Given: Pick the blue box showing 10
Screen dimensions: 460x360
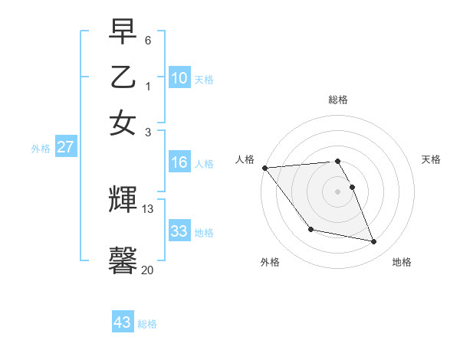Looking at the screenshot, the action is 179,78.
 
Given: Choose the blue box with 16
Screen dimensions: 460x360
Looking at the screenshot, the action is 179,162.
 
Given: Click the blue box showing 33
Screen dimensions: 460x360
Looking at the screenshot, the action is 179,231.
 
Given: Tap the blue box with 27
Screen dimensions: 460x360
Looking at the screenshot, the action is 65,148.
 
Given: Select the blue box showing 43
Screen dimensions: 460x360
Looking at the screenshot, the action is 122,322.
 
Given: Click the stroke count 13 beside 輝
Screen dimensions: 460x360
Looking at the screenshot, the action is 148,208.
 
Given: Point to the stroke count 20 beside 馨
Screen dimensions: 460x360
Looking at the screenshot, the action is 148,270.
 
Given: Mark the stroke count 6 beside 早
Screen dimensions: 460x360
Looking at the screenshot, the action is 148,39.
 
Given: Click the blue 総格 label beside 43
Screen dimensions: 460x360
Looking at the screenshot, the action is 147,324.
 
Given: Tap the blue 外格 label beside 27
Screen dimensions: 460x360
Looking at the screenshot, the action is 41,149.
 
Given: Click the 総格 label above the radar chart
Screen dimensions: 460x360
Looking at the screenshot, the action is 337,100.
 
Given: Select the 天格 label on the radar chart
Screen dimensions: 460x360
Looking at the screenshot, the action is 431,159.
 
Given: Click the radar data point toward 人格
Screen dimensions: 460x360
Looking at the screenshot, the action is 264,168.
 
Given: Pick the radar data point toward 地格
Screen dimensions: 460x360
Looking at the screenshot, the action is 374,242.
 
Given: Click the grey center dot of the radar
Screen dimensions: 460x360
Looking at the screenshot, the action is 337,191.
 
